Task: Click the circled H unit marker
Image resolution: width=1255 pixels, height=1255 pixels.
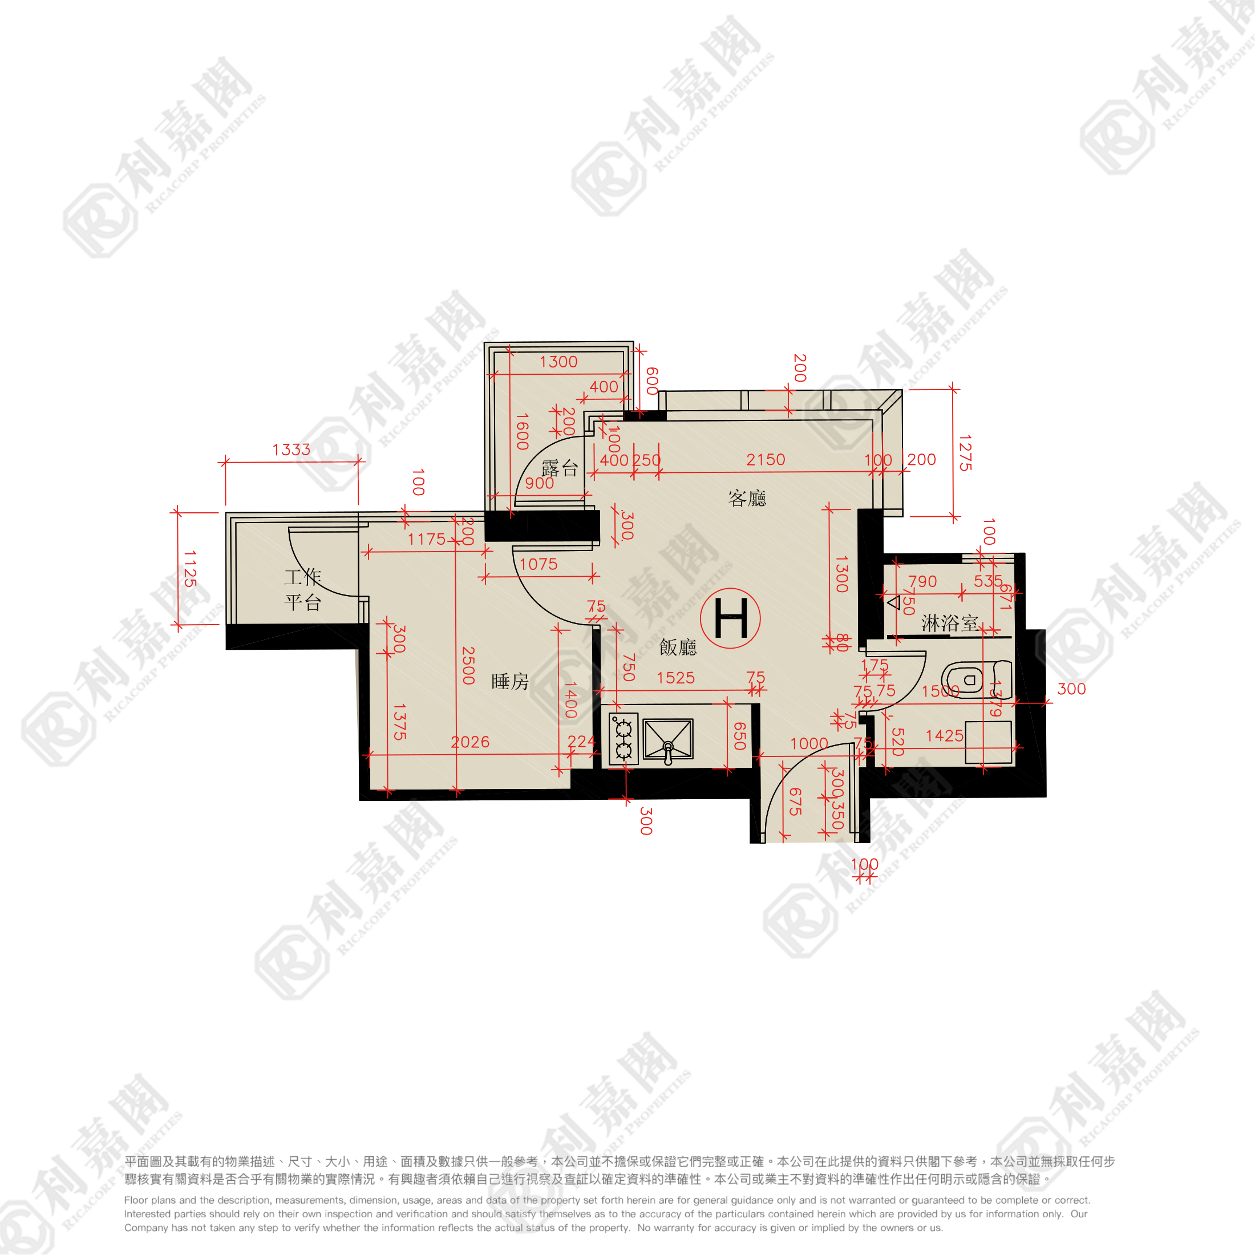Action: coord(730,618)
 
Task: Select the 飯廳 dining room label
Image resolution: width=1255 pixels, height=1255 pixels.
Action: coord(678,647)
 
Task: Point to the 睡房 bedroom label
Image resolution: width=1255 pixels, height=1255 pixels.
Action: coord(510,682)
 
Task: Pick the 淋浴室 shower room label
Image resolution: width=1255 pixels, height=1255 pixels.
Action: coord(950,624)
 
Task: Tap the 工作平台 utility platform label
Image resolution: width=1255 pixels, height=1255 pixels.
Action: coord(303,589)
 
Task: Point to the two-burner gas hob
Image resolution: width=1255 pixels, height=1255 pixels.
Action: coord(623,739)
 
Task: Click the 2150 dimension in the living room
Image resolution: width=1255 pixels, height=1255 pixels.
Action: coord(766,460)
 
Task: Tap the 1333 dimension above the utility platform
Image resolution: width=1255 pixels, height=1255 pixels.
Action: coord(291,450)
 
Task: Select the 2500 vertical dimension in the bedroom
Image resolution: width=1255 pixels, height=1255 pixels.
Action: coord(468,665)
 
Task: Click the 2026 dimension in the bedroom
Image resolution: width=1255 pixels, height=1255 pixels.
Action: coord(470,742)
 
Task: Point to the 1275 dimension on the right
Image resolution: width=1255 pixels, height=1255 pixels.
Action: coord(965,453)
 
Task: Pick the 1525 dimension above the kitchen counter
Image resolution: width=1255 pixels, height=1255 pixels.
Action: coord(675,678)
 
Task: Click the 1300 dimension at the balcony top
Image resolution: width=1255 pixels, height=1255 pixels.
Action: coord(558,362)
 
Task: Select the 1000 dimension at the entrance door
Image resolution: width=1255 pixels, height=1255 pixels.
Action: coord(809,743)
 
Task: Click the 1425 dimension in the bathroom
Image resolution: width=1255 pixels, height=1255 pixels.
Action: coord(945,735)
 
